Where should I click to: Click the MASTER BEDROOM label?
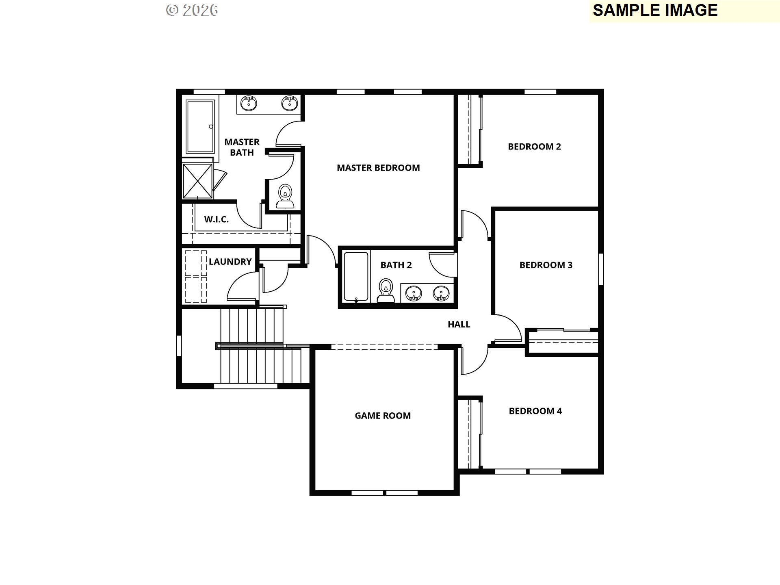coord(378,168)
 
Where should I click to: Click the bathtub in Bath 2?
coord(356,276)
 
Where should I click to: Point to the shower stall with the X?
coord(197,181)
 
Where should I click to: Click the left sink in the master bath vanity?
coord(248,103)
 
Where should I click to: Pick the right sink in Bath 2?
coord(441,293)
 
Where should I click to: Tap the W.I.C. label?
coord(216,219)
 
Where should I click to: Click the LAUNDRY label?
coord(230,262)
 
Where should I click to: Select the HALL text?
coord(459,324)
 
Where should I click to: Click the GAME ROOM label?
coord(383,416)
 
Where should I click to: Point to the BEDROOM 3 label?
coord(546,265)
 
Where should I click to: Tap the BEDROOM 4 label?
coord(535,411)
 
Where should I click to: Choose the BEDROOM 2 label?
coord(534,147)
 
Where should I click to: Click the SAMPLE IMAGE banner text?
coord(655,11)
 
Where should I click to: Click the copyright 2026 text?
coord(192,10)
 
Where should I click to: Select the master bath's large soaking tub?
coord(200,126)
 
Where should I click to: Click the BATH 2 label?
coord(396,265)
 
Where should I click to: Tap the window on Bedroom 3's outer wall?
coord(601,269)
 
